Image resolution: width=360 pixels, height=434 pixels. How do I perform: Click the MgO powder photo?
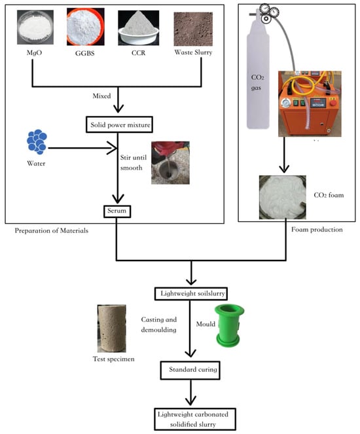pos(35,27)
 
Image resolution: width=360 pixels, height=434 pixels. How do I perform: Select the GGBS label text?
pos(85,53)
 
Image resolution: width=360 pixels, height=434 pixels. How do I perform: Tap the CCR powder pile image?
pos(138,27)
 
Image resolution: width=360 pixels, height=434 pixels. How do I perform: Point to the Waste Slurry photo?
pos(193,29)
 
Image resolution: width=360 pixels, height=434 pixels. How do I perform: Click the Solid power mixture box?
pos(119,124)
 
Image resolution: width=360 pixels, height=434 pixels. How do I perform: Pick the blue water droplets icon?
pos(37,141)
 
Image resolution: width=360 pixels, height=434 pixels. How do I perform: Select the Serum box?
pos(117,211)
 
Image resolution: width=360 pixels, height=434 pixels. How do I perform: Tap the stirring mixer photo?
pos(170,163)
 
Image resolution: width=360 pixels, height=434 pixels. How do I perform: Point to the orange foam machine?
pos(310,104)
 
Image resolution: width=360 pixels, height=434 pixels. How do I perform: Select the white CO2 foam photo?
pos(283,197)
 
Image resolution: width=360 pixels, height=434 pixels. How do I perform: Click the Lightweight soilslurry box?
pos(191,294)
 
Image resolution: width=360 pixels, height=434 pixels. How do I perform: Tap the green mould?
pos(229,325)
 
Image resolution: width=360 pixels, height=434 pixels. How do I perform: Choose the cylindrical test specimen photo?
pos(111,328)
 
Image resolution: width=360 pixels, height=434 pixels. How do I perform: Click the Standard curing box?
pos(190,370)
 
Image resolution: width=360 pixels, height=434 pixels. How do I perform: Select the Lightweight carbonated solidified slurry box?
pos(195,419)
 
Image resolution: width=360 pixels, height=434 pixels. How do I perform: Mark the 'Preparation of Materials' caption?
pos(52,230)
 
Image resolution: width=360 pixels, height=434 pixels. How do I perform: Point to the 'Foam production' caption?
pos(317,230)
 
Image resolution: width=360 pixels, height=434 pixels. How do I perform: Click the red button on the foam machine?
pos(333,103)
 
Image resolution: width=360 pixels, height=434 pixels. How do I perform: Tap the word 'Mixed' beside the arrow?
pos(101,96)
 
